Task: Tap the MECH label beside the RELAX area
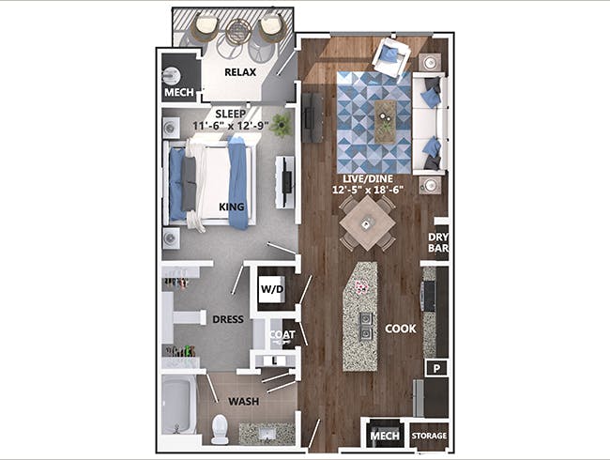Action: (x=178, y=94)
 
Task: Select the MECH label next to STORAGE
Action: (x=383, y=437)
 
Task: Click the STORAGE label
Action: (x=429, y=437)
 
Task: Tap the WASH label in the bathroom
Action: (x=244, y=401)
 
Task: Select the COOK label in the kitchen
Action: (x=401, y=329)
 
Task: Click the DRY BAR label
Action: (x=438, y=243)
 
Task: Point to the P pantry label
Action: (x=435, y=369)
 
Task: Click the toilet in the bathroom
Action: (x=220, y=429)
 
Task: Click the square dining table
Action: (x=367, y=223)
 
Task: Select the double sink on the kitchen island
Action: (x=363, y=325)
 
